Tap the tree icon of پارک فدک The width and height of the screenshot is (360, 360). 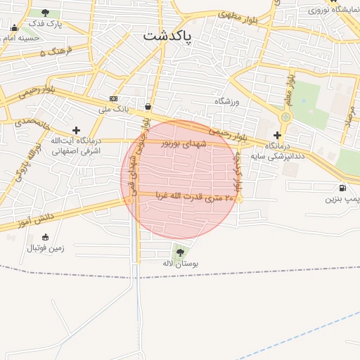click(x=46, y=13)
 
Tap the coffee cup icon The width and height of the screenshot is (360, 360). click(x=148, y=106)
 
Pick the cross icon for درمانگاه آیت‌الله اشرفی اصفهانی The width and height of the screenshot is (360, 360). click(x=76, y=130)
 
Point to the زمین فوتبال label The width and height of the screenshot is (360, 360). click(x=46, y=247)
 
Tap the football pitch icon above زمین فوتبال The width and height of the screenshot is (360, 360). click(x=46, y=236)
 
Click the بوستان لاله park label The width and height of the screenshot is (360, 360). click(x=181, y=262)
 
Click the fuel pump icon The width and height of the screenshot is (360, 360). click(x=342, y=188)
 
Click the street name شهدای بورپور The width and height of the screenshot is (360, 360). click(x=185, y=143)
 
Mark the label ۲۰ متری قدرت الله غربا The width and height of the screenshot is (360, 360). click(x=188, y=198)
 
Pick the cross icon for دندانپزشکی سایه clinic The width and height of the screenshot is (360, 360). click(x=278, y=134)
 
